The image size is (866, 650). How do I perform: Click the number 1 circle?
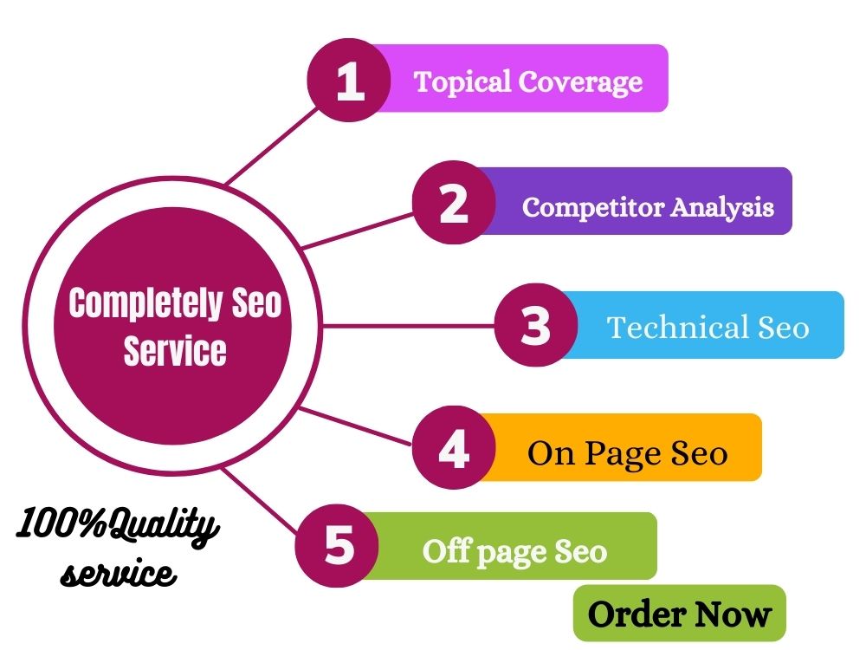[x=349, y=81]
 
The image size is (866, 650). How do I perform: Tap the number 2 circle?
[x=454, y=203]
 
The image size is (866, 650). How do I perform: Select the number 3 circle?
[x=536, y=325]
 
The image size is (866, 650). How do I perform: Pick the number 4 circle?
[x=454, y=448]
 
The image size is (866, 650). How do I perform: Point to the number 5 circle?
[x=338, y=545]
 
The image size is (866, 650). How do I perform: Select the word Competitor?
[x=593, y=207]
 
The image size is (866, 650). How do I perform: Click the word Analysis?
[x=723, y=207]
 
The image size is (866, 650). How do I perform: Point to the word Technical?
[x=678, y=327]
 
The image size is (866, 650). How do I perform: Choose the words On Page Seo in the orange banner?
[x=627, y=454]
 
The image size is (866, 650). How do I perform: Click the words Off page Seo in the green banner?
[x=514, y=551]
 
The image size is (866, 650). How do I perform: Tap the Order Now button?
[x=679, y=614]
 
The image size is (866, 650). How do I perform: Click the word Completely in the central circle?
[x=145, y=302]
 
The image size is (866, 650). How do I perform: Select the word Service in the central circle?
[x=175, y=350]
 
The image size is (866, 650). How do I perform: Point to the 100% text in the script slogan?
[x=61, y=523]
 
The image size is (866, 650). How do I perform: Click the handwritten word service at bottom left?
[x=118, y=573]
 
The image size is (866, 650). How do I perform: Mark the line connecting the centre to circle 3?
[x=409, y=326]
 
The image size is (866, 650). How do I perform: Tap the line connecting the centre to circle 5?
[x=260, y=502]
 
